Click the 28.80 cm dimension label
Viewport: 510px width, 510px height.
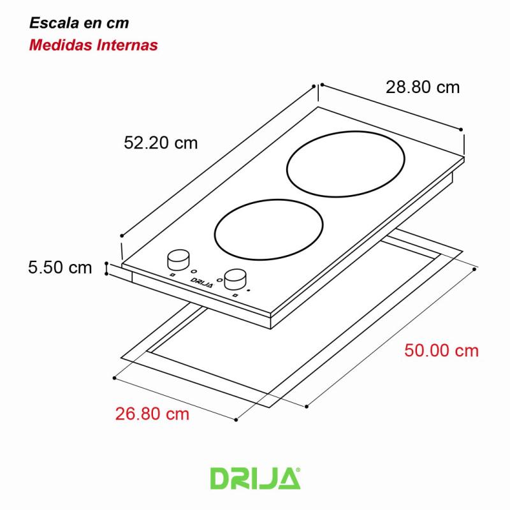pos(422,87)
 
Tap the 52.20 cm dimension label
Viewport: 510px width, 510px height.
pos(161,143)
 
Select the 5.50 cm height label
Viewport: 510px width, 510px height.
pos(60,267)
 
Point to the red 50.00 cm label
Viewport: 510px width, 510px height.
pos(441,351)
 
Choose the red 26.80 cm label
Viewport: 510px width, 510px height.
pos(152,414)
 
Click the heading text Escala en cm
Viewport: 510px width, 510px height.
pos(79,24)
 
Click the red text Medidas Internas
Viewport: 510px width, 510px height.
pos(94,45)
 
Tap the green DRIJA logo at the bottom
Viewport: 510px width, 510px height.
pos(254,478)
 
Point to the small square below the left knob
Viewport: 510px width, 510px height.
pos(172,275)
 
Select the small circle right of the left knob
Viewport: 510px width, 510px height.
pos(194,270)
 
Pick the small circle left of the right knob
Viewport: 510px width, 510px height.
pos(219,279)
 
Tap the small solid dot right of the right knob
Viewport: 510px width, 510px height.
pos(249,290)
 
